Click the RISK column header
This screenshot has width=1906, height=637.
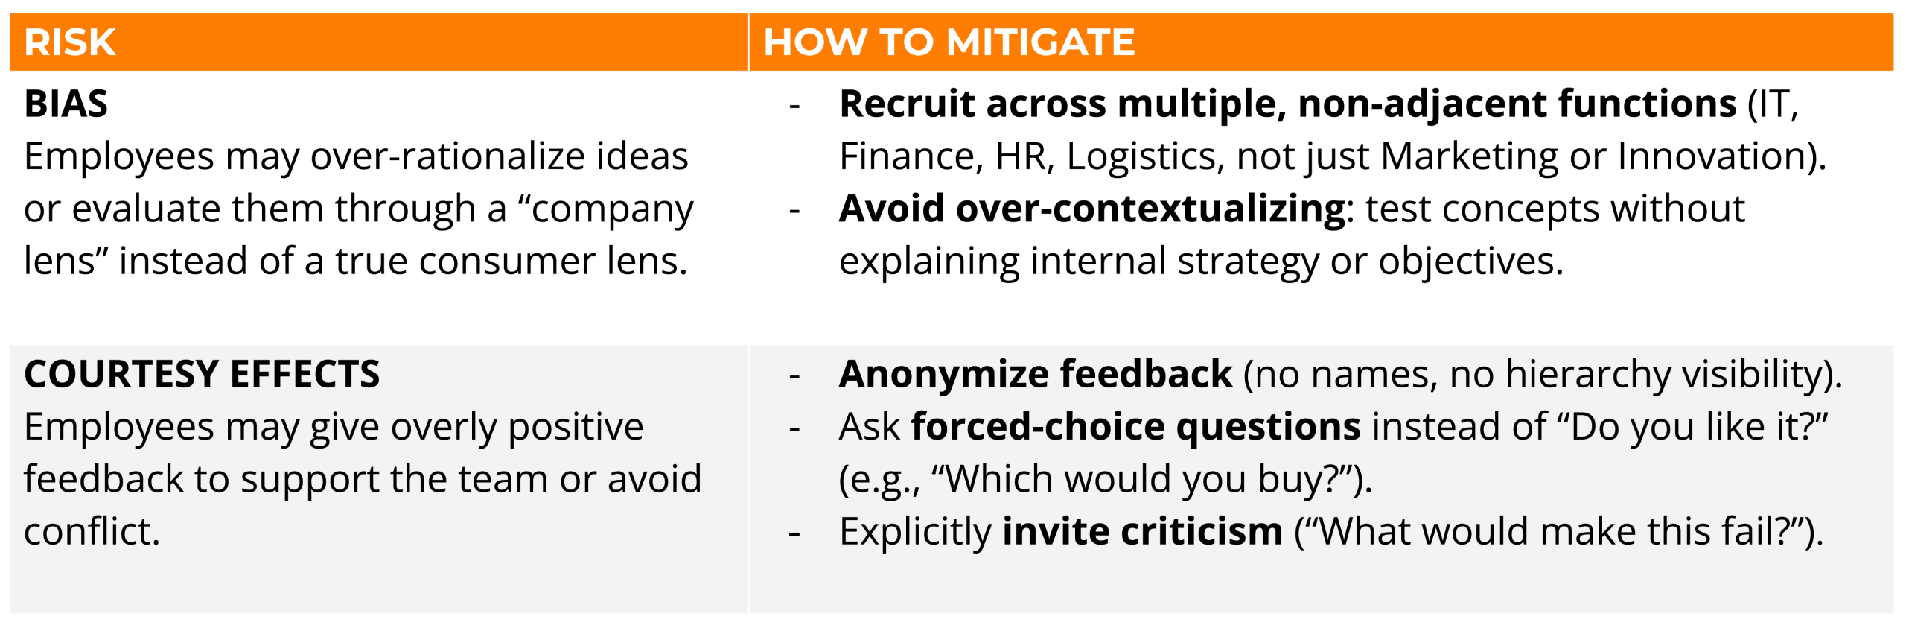(70, 42)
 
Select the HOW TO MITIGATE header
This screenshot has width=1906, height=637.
(949, 42)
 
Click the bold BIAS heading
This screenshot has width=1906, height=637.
(66, 104)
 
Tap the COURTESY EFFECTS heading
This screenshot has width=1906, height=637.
(202, 374)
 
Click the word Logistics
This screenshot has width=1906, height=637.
(1146, 157)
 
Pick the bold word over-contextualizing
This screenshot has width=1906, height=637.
(1150, 209)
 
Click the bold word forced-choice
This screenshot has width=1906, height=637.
(1038, 427)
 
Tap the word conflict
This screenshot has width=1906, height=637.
(92, 532)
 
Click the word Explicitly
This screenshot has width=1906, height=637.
(915, 532)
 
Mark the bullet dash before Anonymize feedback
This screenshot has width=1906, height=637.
(794, 376)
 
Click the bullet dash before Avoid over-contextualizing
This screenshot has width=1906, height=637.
(794, 212)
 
